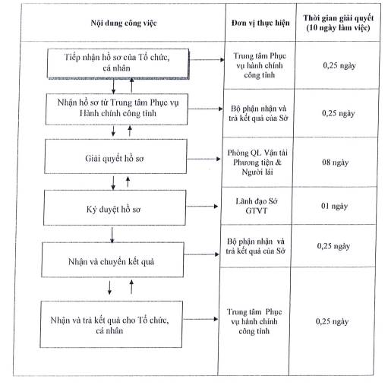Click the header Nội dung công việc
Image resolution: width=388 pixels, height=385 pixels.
124,23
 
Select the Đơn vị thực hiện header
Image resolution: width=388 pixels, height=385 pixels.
260,23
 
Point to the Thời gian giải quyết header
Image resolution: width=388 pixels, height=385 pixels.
339,23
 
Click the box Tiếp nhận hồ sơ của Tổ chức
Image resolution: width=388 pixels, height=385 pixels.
118,64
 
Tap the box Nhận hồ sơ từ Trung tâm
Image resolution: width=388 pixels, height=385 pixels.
117,109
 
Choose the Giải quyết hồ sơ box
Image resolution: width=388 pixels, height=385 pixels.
115,156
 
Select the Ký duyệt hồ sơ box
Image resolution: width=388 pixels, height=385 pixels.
115,207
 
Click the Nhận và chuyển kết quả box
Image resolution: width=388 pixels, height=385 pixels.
112,260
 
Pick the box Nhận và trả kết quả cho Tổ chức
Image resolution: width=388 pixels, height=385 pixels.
111,324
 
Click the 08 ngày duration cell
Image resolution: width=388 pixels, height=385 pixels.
335,163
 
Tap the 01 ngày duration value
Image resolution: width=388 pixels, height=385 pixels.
334,206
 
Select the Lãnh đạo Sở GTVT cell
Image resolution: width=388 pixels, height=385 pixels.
257,206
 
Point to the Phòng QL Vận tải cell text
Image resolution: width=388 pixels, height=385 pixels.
257,163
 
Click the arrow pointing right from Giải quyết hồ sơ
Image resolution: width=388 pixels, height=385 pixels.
203,159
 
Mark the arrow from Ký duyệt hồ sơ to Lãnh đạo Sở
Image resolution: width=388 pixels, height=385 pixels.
202,207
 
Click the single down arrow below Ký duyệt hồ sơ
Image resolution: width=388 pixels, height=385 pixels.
112,235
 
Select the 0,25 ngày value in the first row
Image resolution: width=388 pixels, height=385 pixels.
339,65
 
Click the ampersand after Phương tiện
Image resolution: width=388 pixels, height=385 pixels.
278,163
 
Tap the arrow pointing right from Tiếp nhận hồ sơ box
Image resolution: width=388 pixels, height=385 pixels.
207,60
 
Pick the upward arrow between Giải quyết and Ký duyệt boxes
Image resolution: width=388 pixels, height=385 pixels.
128,181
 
